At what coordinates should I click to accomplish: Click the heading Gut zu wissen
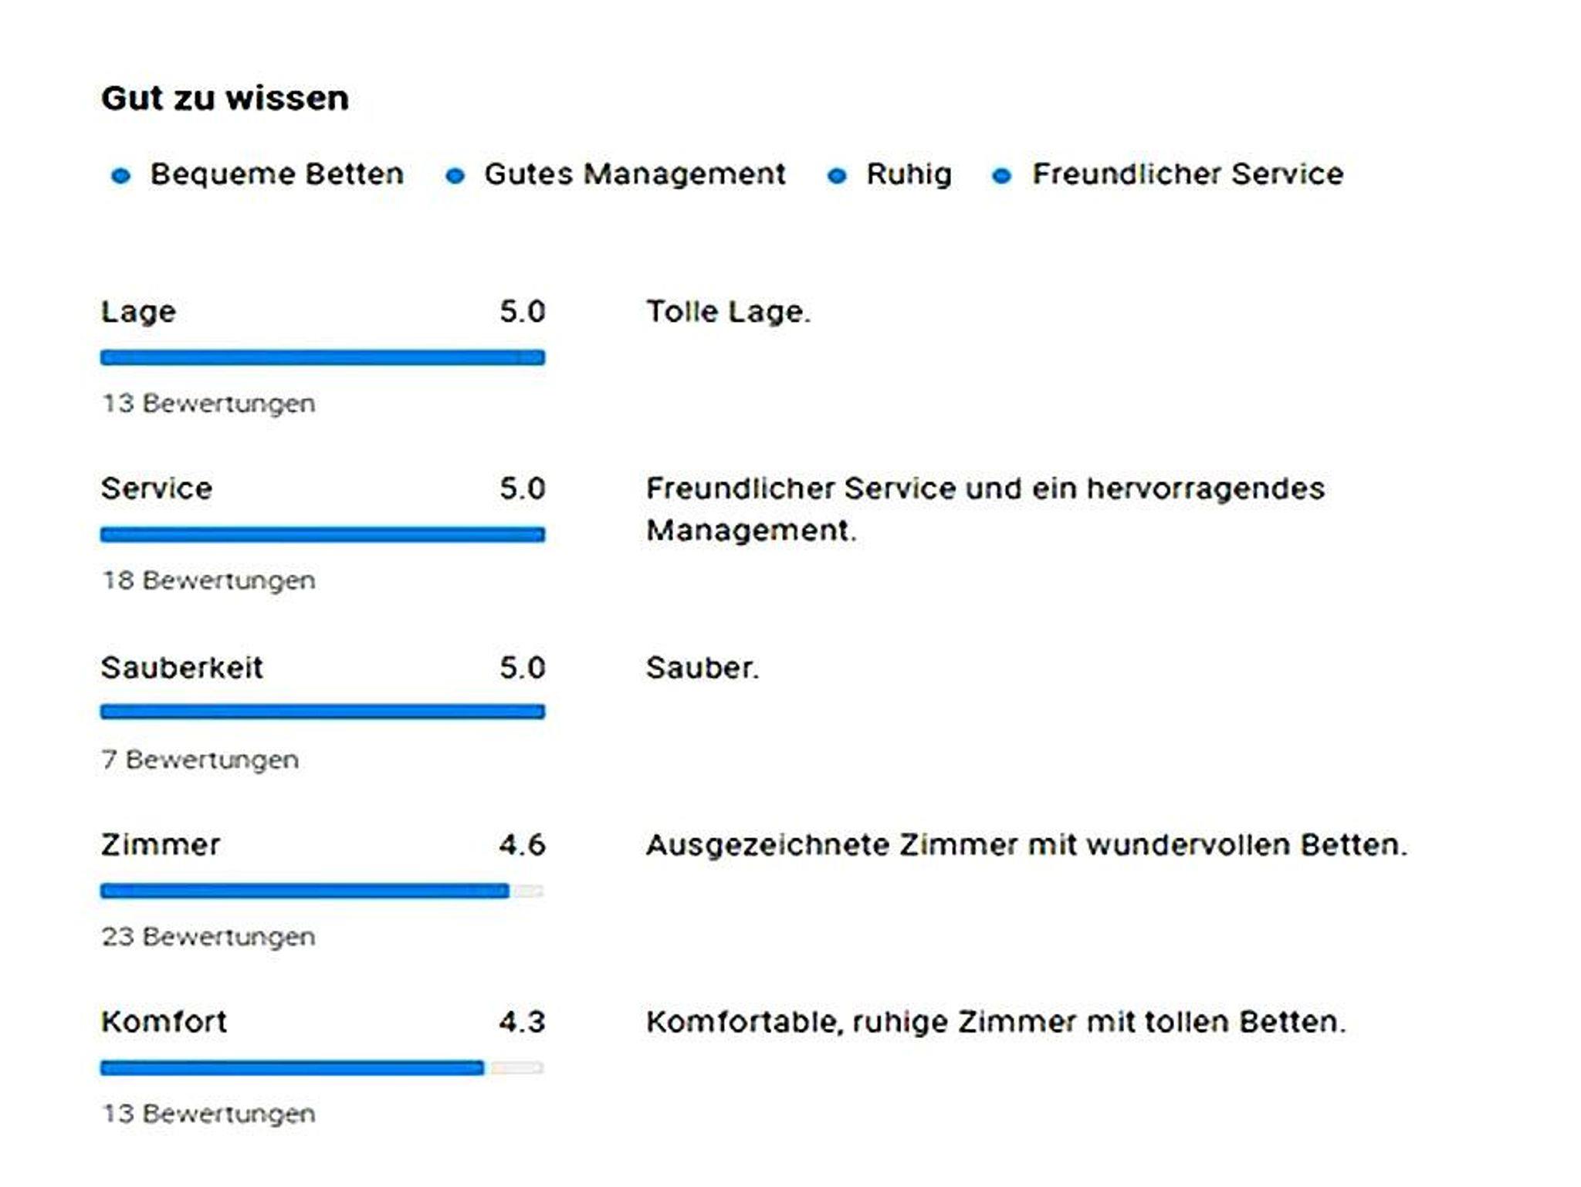pos(225,99)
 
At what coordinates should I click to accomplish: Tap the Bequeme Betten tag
pos(276,174)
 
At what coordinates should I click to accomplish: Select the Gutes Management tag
pos(635,174)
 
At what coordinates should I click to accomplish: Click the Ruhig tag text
pos(909,174)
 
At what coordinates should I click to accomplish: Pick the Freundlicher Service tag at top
pos(1188,174)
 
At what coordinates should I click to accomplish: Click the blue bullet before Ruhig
pos(836,176)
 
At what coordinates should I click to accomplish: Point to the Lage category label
pos(139,312)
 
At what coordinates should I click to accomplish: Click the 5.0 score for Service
pos(522,489)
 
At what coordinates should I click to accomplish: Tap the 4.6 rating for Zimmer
pos(522,845)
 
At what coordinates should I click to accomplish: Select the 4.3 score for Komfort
pos(522,1023)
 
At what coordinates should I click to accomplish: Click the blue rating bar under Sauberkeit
pos(322,712)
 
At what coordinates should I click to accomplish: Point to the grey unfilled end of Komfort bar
pos(516,1068)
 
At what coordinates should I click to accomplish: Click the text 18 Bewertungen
pos(208,580)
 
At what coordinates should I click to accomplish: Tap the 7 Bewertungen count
pos(200,759)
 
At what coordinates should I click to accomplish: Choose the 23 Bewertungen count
pos(208,937)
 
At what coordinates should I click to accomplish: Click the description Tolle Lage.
pos(728,312)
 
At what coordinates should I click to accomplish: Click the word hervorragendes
pos(1205,489)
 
